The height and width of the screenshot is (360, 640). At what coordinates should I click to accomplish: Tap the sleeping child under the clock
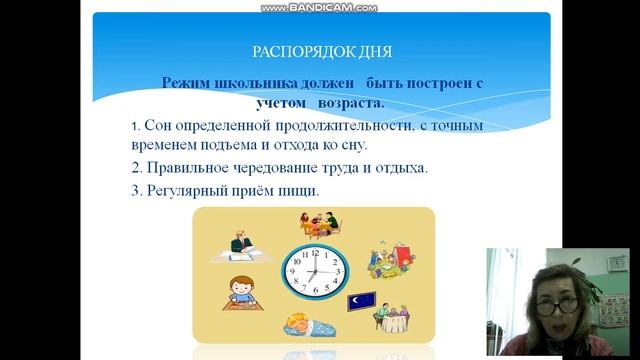click(x=306, y=323)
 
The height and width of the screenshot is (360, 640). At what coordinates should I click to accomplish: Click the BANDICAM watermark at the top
click(x=319, y=7)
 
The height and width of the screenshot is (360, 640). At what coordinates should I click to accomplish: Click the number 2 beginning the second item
click(x=135, y=167)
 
